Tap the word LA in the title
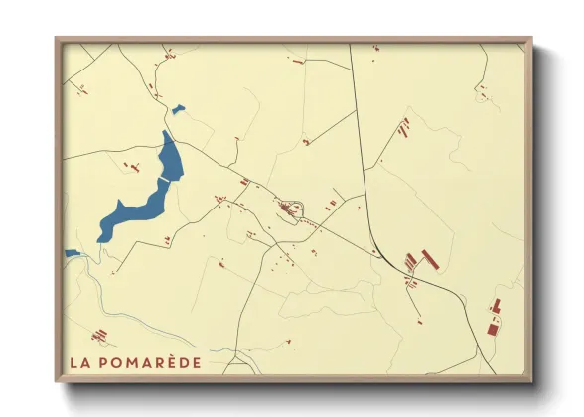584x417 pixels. pyautogui.click(x=79, y=362)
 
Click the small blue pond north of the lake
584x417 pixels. pyautogui.click(x=178, y=109)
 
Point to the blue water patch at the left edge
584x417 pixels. pyautogui.click(x=72, y=253)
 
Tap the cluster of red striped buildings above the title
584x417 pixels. pyautogui.click(x=98, y=336)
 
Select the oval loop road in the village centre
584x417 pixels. pyautogui.click(x=289, y=210)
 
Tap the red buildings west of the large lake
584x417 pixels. pyautogui.click(x=126, y=166)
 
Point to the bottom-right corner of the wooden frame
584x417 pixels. pyautogui.click(x=529, y=379)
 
